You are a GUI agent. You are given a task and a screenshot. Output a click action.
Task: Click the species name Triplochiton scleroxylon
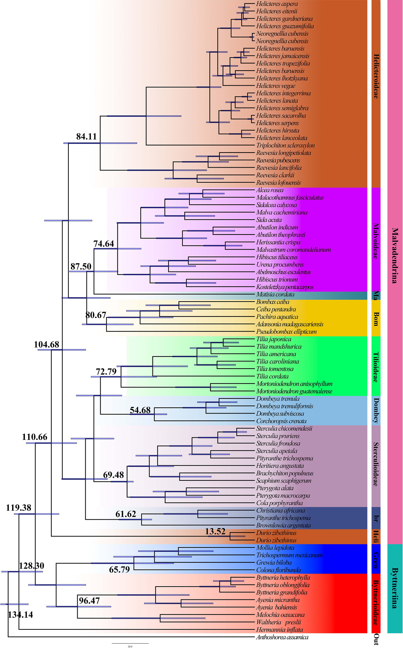pos(285,145)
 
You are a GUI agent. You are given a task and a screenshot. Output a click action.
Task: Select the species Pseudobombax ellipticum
pos(286,332)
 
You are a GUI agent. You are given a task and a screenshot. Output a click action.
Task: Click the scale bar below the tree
pos(130,643)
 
